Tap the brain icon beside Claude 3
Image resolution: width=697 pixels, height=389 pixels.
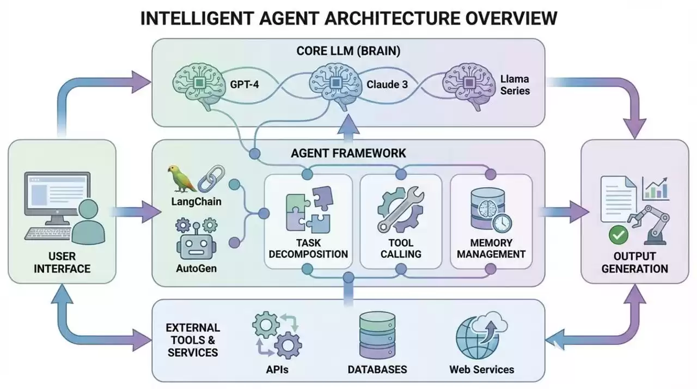pyautogui.click(x=332, y=84)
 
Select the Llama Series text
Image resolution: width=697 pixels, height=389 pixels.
pyautogui.click(x=515, y=86)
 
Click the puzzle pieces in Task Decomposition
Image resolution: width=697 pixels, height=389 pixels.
pyautogui.click(x=308, y=209)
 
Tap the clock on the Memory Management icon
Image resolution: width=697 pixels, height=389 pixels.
pyautogui.click(x=501, y=223)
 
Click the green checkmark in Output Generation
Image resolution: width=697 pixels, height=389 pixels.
pyautogui.click(x=619, y=235)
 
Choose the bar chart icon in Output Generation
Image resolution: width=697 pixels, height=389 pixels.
pyautogui.click(x=656, y=188)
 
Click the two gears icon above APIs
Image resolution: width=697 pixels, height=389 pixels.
pyautogui.click(x=277, y=335)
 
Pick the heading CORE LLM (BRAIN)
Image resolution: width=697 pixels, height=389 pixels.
pyautogui.click(x=348, y=51)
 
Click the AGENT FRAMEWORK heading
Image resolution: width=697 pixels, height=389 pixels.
pyautogui.click(x=348, y=153)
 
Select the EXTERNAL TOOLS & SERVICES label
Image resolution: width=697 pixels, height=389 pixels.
pyautogui.click(x=193, y=340)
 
